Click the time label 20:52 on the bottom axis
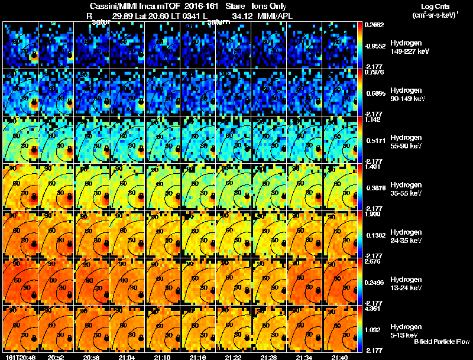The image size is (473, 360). (x=56, y=358)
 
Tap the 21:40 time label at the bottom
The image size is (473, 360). (x=339, y=358)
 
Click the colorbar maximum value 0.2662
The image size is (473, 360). (x=374, y=25)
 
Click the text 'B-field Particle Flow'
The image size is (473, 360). (x=442, y=342)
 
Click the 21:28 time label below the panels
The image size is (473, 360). (x=267, y=358)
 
